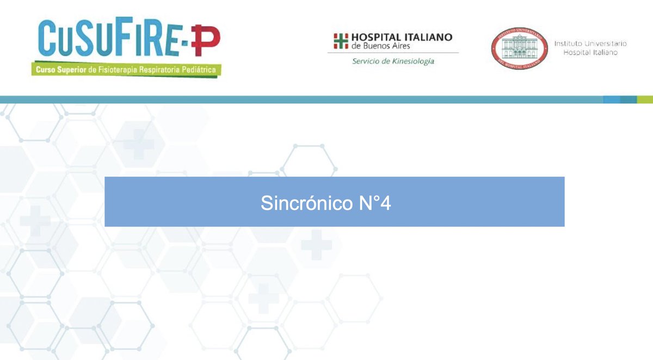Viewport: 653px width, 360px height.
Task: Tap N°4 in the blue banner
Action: click(374, 203)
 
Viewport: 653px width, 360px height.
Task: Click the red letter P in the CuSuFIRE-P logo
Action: click(208, 39)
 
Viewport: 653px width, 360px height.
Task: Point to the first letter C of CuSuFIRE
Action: click(47, 38)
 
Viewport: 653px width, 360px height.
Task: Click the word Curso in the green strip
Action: click(45, 70)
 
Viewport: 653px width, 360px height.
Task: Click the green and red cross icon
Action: click(341, 41)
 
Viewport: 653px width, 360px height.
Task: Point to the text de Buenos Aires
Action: click(381, 46)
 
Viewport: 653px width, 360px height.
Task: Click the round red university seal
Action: click(519, 48)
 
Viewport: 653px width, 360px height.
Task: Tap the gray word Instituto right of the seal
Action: click(569, 43)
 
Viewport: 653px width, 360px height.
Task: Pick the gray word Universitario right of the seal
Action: click(606, 43)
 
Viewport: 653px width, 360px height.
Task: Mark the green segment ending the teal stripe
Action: click(645, 100)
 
